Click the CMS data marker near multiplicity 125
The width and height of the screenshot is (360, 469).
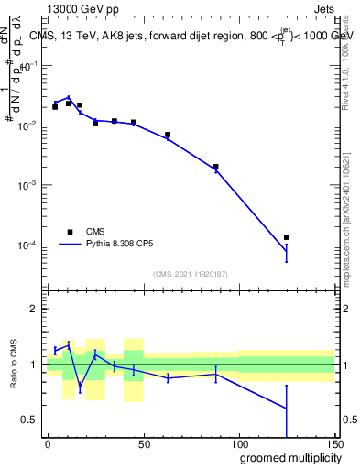pos(287,237)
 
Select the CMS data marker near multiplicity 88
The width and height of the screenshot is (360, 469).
pos(215,167)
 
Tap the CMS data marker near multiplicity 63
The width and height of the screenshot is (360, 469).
pos(168,135)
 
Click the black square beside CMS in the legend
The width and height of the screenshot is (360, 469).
pos(70,232)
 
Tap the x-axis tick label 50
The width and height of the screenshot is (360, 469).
pos(143,443)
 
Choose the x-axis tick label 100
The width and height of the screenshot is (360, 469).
pos(239,443)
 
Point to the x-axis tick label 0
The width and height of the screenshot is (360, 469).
pos(48,443)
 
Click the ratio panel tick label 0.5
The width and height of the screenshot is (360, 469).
pos(30,420)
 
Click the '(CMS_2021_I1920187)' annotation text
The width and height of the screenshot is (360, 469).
pos(191,273)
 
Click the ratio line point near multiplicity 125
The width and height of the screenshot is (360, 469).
pos(287,409)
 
